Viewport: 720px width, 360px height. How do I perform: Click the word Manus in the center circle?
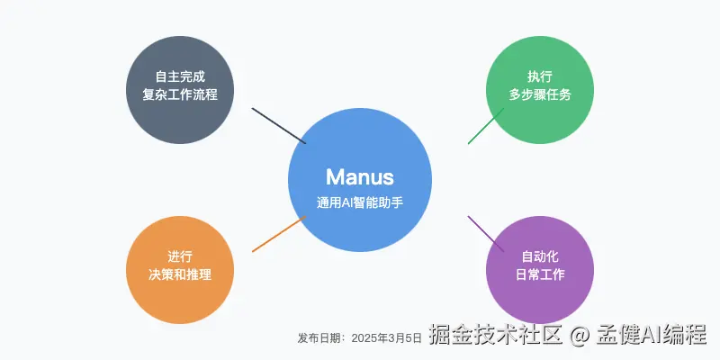tap(359, 176)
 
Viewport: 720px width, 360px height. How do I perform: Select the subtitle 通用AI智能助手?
tap(359, 202)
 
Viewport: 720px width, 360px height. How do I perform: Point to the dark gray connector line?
tap(279, 126)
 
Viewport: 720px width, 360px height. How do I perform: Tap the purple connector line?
tap(486, 234)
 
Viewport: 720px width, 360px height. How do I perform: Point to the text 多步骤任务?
tap(540, 94)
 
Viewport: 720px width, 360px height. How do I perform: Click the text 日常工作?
tap(540, 274)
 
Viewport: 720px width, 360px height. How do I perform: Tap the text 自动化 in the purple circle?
tap(540, 256)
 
